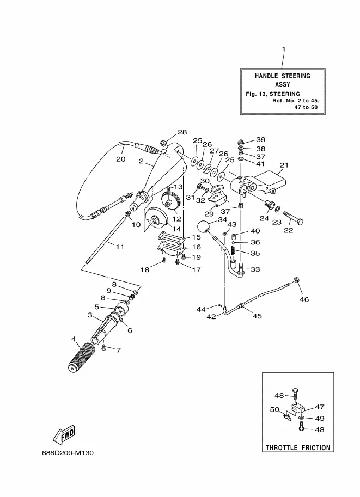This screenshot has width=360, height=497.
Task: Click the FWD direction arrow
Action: point(64,434)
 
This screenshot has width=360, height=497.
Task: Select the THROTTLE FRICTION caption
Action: point(297,447)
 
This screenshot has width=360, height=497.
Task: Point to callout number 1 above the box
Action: point(283,50)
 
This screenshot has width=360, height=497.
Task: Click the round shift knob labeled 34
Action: point(204,227)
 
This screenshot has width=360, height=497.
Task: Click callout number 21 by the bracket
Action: point(284,165)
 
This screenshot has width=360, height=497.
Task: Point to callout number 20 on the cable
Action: point(120,159)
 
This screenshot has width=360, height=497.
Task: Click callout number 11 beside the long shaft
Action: point(120,247)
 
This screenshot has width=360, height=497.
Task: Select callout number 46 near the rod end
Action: point(304,299)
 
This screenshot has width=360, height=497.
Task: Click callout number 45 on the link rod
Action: point(257,316)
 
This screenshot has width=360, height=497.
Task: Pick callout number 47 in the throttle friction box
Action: point(319,407)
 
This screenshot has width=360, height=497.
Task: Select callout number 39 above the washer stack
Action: point(261,139)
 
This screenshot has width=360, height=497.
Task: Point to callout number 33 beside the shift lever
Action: point(255,269)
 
